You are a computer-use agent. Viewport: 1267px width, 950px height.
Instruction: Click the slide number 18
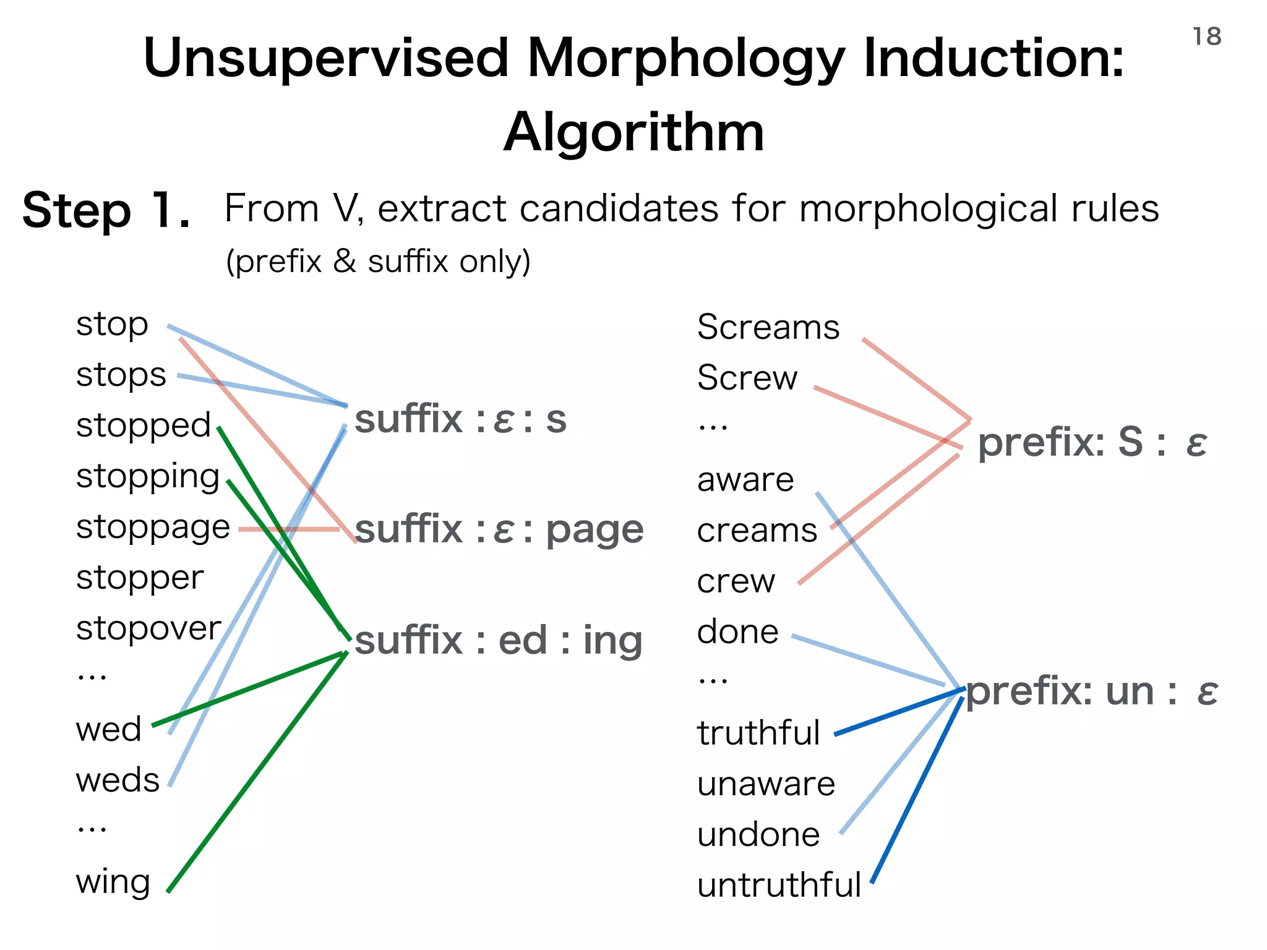1206,37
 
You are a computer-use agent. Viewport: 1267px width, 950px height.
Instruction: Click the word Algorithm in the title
633,132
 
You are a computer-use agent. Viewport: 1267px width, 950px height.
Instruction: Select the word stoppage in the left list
153,528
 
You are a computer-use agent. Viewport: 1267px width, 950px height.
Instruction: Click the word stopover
148,628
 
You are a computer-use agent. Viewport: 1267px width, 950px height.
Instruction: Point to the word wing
113,882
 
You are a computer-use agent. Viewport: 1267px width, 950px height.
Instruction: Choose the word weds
118,780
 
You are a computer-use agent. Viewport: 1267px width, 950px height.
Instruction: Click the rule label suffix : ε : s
460,419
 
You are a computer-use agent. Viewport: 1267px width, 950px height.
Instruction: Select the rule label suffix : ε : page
499,530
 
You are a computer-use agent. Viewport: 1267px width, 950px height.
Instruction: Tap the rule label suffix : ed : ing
499,640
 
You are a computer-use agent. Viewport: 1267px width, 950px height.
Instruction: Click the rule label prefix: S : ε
1092,443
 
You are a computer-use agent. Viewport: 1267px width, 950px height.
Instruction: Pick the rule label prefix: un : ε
1092,691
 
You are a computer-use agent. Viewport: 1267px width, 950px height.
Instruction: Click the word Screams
768,327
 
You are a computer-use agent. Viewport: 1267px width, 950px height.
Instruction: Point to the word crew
736,581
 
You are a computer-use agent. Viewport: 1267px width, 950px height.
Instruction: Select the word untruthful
779,885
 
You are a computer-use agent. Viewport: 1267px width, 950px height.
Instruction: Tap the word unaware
766,784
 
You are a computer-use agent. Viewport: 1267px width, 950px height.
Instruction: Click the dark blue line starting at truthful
897,712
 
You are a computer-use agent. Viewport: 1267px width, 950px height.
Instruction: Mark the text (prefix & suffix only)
378,262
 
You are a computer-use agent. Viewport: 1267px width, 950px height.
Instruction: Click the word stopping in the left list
148,477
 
